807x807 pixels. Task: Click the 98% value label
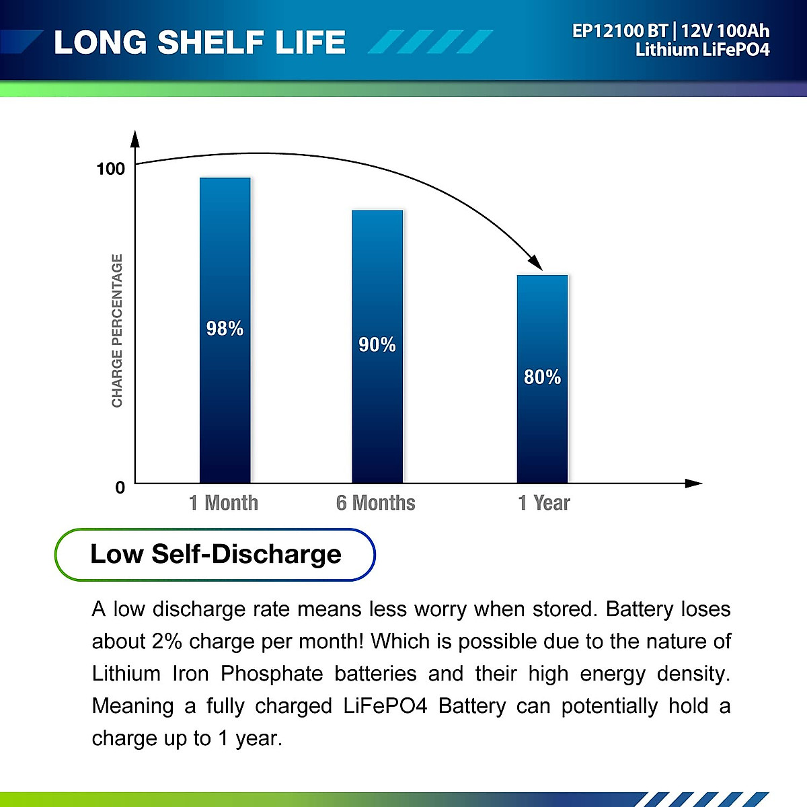(x=225, y=328)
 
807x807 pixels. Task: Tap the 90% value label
(x=377, y=344)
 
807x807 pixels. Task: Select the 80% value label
(x=542, y=377)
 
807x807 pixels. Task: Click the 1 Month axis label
(x=223, y=502)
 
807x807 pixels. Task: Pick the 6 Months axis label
(x=375, y=502)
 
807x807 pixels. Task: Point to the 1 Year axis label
(x=543, y=502)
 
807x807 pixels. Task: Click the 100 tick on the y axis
(x=111, y=168)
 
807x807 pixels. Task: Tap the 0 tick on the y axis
(x=120, y=487)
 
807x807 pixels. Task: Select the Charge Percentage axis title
(x=117, y=330)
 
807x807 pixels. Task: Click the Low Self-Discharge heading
(x=216, y=554)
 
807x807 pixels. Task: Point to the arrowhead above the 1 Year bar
(x=535, y=263)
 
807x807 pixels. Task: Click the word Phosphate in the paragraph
(x=272, y=673)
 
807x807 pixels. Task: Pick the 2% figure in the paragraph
(x=167, y=641)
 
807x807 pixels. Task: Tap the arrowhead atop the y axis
(x=135, y=139)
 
